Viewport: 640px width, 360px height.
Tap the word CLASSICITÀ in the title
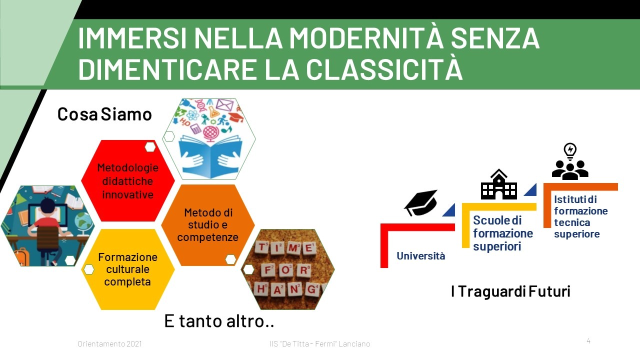[384, 69]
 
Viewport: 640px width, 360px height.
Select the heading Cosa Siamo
[104, 114]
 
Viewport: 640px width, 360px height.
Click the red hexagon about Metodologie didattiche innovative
[127, 180]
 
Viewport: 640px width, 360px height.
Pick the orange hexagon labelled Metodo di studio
[207, 225]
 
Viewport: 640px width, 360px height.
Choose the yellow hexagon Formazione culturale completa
[127, 269]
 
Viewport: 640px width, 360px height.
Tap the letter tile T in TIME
[262, 247]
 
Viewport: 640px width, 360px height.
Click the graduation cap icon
[420, 202]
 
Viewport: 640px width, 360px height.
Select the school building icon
[499, 184]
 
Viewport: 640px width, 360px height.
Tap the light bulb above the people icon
[570, 151]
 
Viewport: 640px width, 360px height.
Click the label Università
[421, 256]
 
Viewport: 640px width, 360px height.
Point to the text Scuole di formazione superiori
[503, 233]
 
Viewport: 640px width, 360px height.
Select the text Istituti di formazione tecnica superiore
[581, 216]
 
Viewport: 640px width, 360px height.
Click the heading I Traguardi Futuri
[510, 291]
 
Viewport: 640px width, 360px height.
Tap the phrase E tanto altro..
[219, 321]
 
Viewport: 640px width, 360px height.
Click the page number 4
[588, 341]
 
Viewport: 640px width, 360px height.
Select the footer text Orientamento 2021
[109, 343]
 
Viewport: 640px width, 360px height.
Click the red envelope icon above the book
[224, 105]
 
